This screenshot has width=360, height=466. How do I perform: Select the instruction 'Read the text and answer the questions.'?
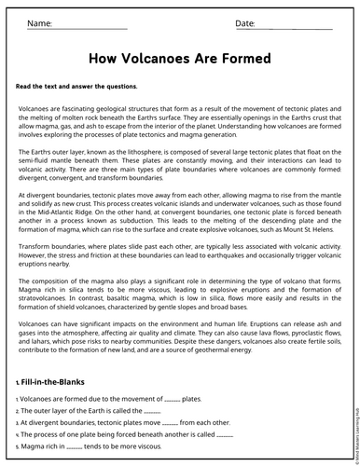[x=76, y=86]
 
